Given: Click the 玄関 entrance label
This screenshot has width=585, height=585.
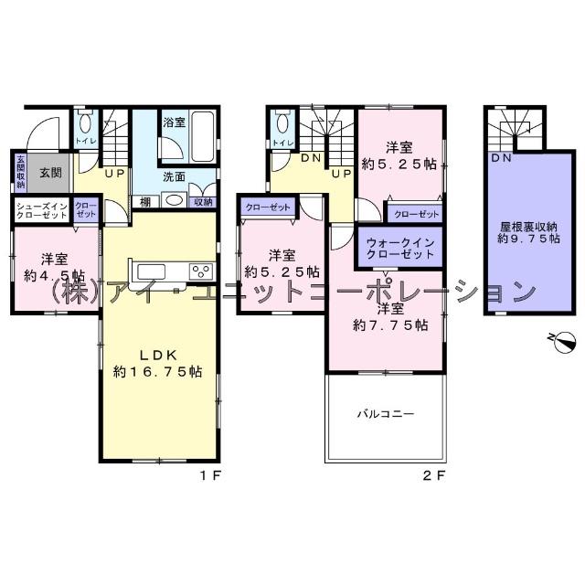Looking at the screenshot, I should pyautogui.click(x=49, y=172).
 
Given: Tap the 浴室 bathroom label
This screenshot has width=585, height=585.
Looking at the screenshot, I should pyautogui.click(x=173, y=121).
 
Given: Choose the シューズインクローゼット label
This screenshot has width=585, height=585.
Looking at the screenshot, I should pyautogui.click(x=42, y=209).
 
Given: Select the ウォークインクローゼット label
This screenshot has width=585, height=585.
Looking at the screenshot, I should pyautogui.click(x=399, y=249).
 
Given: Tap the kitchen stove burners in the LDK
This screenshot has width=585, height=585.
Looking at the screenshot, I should pyautogui.click(x=200, y=271).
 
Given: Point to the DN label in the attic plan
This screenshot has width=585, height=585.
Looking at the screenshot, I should pyautogui.click(x=501, y=158).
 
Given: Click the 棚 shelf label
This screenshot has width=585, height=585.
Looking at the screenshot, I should pyautogui.click(x=146, y=201).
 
